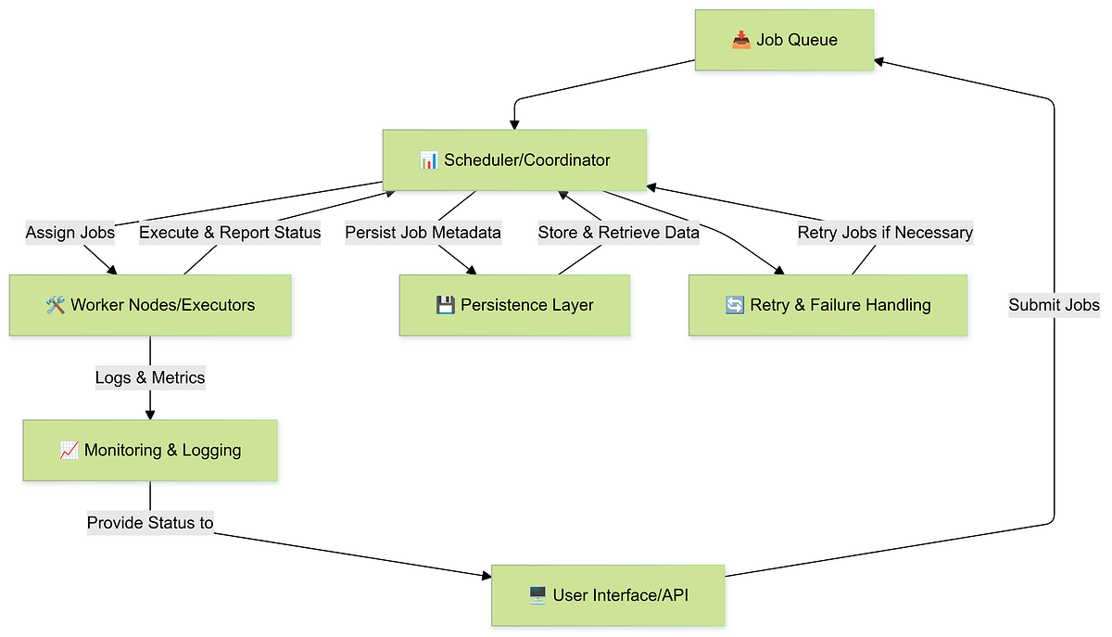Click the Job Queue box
point(784,40)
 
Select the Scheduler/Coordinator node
point(514,160)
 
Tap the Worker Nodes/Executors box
point(150,305)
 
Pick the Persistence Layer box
point(514,305)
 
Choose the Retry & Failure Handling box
point(828,305)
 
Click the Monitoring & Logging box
point(150,451)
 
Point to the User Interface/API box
point(607,595)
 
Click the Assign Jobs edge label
point(70,233)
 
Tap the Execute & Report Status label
point(230,233)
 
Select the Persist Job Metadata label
point(423,233)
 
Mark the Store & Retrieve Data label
point(619,233)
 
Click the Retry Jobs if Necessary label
point(885,233)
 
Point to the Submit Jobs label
point(1054,305)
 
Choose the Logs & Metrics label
point(150,377)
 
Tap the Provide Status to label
point(150,523)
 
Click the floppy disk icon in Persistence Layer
point(445,305)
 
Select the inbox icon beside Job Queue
point(740,40)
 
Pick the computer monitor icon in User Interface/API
point(537,595)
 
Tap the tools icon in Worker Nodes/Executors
point(55,305)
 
